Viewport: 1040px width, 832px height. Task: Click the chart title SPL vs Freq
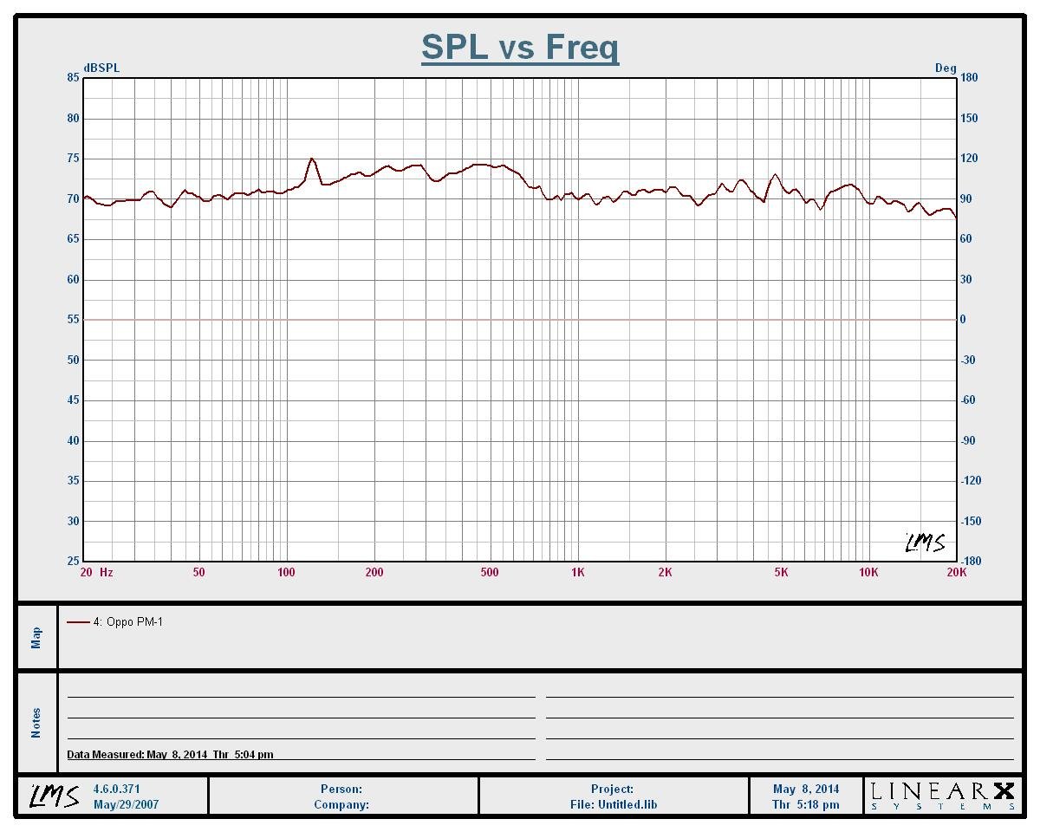tap(520, 47)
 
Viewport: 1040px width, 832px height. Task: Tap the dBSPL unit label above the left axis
tap(101, 68)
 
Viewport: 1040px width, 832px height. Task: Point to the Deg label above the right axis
tap(946, 68)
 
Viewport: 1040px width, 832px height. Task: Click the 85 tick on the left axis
tap(74, 78)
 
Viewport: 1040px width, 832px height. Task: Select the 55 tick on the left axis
tap(74, 320)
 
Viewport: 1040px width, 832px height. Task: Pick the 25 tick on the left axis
tap(74, 561)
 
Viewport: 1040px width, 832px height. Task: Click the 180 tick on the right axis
tap(969, 78)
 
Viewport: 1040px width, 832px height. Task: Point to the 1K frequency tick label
tap(577, 572)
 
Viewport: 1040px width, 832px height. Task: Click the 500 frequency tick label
tap(490, 572)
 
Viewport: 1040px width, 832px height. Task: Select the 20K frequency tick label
tap(956, 572)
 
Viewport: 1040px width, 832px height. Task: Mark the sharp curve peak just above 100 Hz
tap(311, 159)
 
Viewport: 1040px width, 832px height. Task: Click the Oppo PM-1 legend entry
tap(127, 621)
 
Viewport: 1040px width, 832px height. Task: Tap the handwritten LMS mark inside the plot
tap(925, 543)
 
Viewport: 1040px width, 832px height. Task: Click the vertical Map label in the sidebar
tap(36, 637)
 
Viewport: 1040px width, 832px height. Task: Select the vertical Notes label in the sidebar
tap(36, 723)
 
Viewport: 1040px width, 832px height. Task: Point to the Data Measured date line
tap(170, 754)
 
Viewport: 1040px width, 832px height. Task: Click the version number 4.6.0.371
tap(116, 789)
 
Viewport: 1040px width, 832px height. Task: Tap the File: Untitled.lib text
tap(614, 804)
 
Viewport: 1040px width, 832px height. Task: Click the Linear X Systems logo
tap(942, 796)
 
